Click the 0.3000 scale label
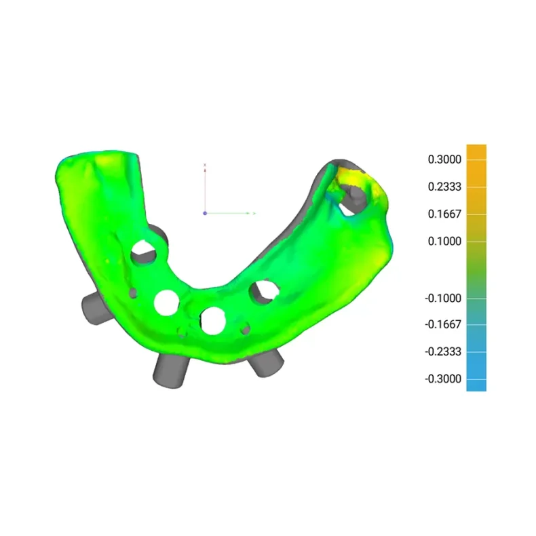444,159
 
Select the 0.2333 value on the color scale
444,187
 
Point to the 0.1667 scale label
444,214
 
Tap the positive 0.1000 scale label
444,242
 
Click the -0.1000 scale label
443,298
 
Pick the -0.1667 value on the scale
443,324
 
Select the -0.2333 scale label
443,351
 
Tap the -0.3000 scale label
443,379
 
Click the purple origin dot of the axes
205,213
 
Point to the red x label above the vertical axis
205,165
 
